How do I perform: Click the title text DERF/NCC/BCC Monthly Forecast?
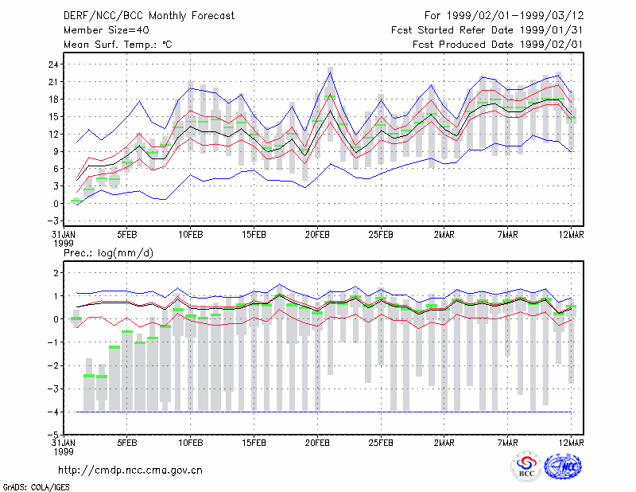tap(149, 16)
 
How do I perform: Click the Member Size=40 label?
tap(107, 30)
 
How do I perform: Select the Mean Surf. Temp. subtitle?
tap(118, 45)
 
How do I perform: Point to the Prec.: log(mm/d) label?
tap(108, 253)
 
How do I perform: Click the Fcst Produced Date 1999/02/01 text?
tap(498, 45)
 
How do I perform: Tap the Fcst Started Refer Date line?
tap(487, 30)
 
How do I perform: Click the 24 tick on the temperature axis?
tap(53, 64)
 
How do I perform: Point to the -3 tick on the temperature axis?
tap(52, 221)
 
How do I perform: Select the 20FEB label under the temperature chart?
tap(317, 235)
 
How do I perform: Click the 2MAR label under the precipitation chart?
tap(444, 443)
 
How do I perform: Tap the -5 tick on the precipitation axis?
tap(52, 435)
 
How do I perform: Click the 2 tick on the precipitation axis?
tap(56, 272)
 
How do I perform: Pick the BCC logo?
tap(526, 467)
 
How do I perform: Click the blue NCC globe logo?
tap(563, 467)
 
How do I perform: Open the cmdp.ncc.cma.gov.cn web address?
tap(130, 471)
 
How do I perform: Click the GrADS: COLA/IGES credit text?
tap(37, 487)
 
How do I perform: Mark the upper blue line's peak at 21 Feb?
tap(331, 72)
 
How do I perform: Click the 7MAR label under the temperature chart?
tap(507, 235)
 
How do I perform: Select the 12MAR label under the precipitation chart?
tap(571, 443)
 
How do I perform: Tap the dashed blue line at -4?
tap(324, 412)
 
